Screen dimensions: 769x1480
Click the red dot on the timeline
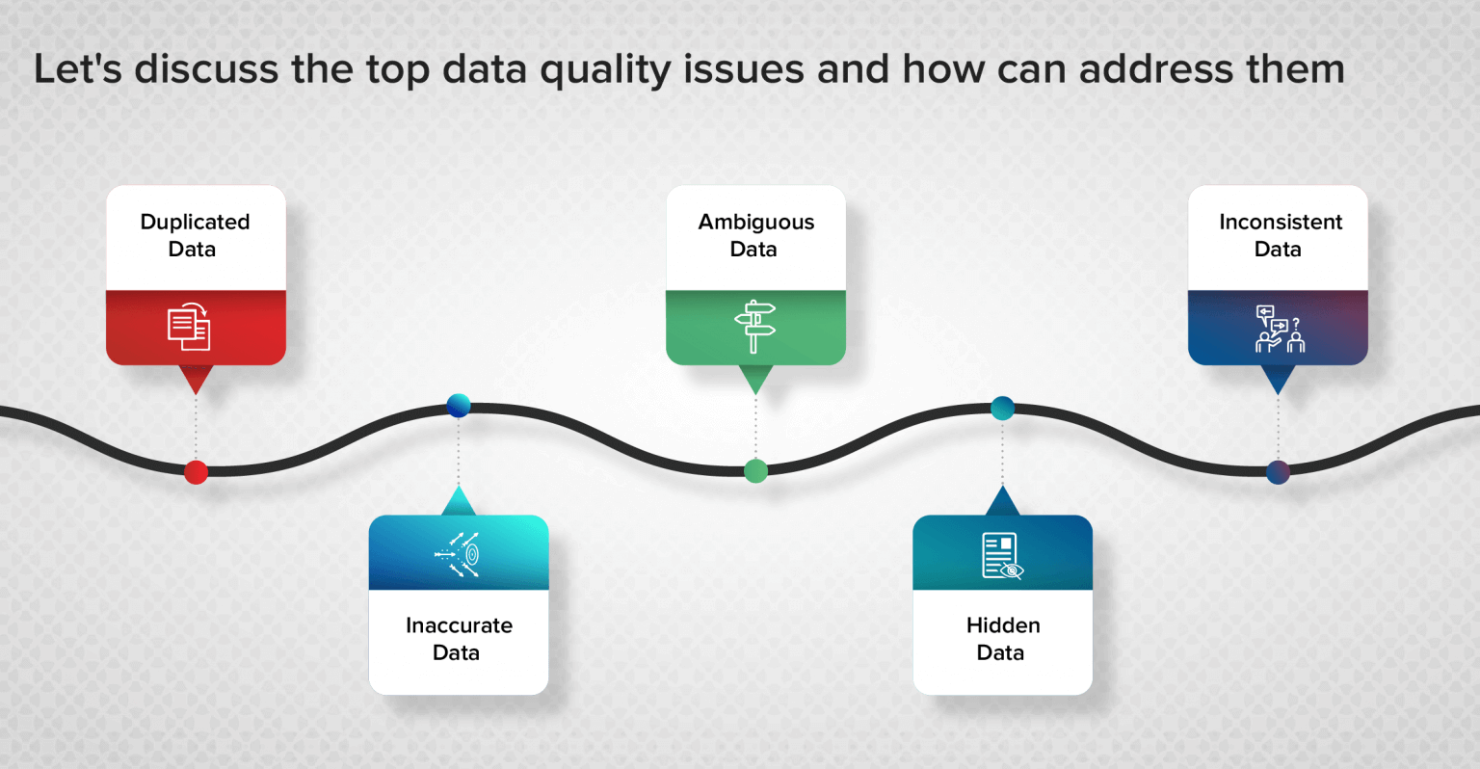(x=196, y=472)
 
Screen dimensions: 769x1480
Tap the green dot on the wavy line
(x=756, y=471)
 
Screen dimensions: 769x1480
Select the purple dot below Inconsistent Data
(x=1278, y=472)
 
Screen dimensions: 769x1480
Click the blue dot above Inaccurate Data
(x=459, y=406)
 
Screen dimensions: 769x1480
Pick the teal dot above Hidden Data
(x=1002, y=408)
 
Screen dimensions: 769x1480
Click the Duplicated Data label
(x=195, y=235)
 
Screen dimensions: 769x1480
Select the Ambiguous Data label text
(x=755, y=235)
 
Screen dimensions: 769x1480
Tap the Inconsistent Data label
(x=1280, y=235)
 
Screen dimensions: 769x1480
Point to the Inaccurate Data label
(x=459, y=639)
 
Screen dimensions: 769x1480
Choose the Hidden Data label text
(x=1002, y=639)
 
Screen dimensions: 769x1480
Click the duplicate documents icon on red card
(x=189, y=327)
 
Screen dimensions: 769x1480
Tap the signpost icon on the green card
(x=754, y=327)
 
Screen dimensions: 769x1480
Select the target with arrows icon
(x=459, y=554)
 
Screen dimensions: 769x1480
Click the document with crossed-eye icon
(x=1002, y=556)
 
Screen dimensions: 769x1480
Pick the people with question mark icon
(x=1280, y=329)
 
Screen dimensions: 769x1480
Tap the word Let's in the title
(x=77, y=69)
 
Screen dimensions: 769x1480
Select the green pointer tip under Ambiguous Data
(x=755, y=382)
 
